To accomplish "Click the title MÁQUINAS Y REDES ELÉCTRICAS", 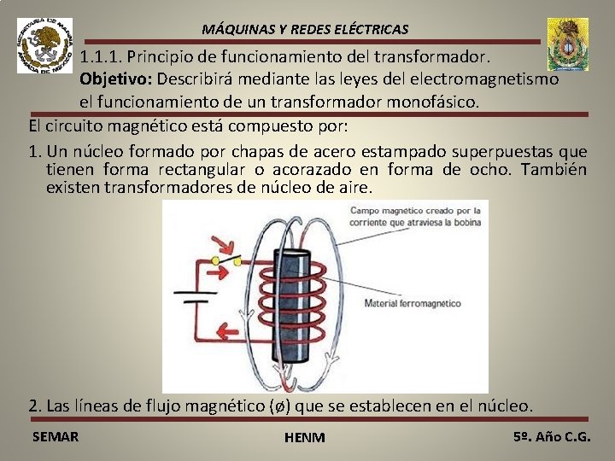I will coord(305,29).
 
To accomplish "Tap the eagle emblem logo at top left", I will coord(44,45).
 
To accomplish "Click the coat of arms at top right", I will coord(567,44).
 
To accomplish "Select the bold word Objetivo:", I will coord(117,79).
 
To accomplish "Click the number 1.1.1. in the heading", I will coord(102,58).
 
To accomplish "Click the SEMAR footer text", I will coord(55,436).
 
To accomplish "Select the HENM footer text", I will coord(305,437).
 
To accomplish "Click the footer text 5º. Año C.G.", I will coord(552,436).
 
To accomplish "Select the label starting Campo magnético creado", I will coord(416,215).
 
